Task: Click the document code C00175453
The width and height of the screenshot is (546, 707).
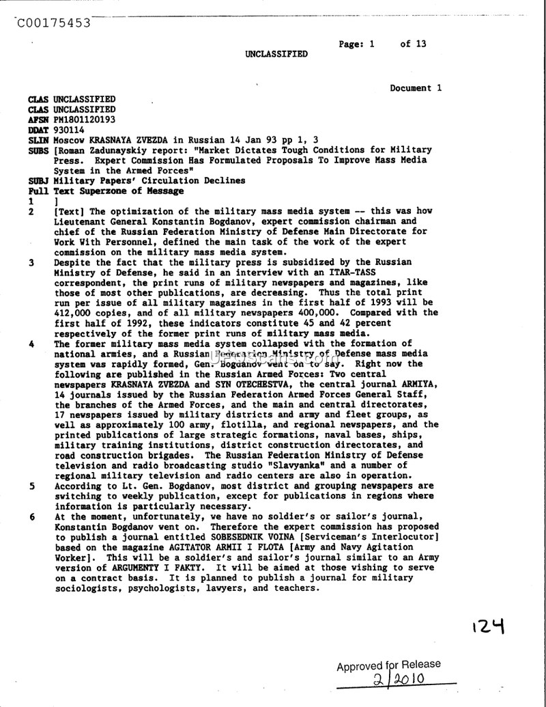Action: coord(53,22)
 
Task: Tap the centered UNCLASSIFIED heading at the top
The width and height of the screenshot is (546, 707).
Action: coord(276,54)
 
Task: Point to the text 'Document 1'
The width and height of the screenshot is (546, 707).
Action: coord(416,88)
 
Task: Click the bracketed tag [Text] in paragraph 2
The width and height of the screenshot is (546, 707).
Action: coord(70,212)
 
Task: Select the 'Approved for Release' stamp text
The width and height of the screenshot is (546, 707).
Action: coord(388,665)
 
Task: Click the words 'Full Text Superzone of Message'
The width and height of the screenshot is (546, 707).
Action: coord(106,191)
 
